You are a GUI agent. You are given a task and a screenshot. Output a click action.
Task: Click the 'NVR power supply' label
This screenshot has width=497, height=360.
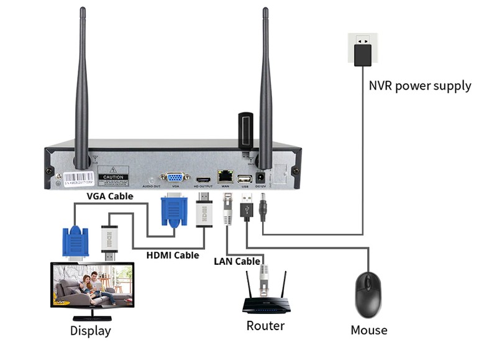tap(420, 86)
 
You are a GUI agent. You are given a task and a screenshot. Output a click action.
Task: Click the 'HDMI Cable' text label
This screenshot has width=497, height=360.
tap(173, 255)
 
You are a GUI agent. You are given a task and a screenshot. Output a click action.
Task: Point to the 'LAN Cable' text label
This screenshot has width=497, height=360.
tap(237, 261)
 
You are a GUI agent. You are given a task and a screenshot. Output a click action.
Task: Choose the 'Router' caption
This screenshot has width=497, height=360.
tap(265, 325)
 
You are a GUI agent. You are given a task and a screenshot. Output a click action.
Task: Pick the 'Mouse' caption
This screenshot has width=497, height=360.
tap(369, 330)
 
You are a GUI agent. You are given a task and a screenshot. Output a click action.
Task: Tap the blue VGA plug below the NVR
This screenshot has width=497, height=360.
tap(173, 210)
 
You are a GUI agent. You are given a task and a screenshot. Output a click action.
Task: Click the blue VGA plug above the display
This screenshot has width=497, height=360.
tap(75, 242)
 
